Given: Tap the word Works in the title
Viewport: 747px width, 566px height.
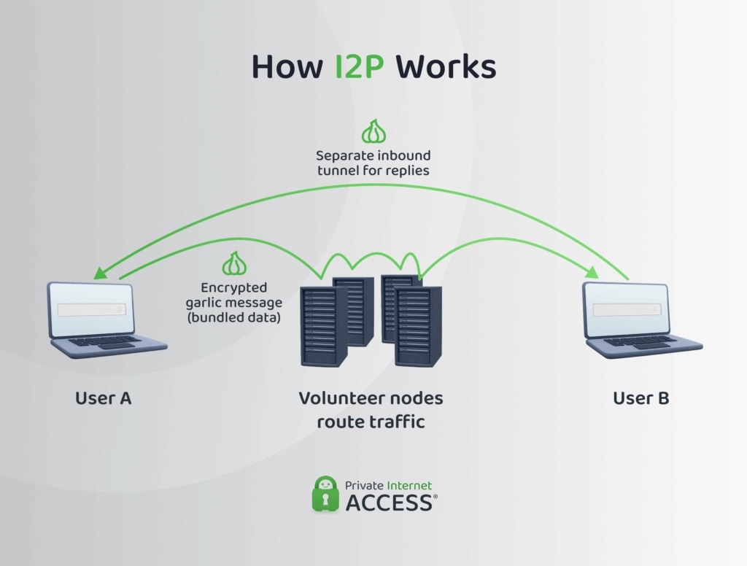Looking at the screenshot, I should click(x=445, y=67).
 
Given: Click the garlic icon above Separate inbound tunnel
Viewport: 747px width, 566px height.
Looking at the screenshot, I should click(x=373, y=133).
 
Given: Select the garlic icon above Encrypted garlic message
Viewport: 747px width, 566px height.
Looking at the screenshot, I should click(x=234, y=263).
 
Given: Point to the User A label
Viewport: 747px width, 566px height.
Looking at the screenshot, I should click(x=104, y=398).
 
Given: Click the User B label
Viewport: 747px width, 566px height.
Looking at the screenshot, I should click(x=640, y=398).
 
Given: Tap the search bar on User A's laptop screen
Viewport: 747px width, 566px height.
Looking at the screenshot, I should click(x=92, y=309).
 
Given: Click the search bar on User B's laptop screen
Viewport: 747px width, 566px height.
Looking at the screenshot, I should click(x=626, y=310).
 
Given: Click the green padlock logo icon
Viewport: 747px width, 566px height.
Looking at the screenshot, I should click(x=325, y=493).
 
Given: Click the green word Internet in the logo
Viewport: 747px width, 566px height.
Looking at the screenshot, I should click(x=409, y=485).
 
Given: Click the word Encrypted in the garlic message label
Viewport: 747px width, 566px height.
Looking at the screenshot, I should click(x=234, y=287).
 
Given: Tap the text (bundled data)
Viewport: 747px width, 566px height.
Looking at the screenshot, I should click(x=234, y=317).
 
